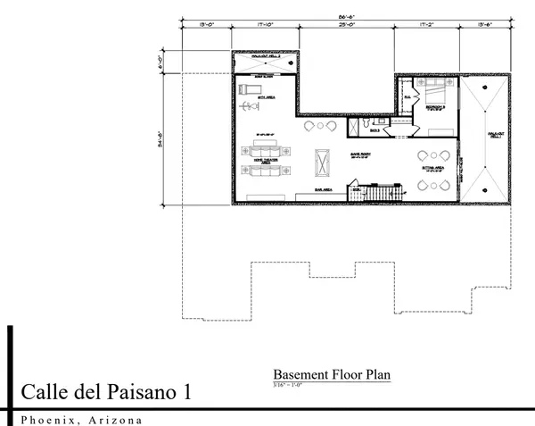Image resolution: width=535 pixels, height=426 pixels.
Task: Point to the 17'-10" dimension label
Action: (266, 27)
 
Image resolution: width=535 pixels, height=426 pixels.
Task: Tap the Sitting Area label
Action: (434, 166)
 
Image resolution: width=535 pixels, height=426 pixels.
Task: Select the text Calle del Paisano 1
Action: (104, 392)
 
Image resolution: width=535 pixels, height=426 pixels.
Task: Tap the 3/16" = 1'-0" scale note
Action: (291, 385)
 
